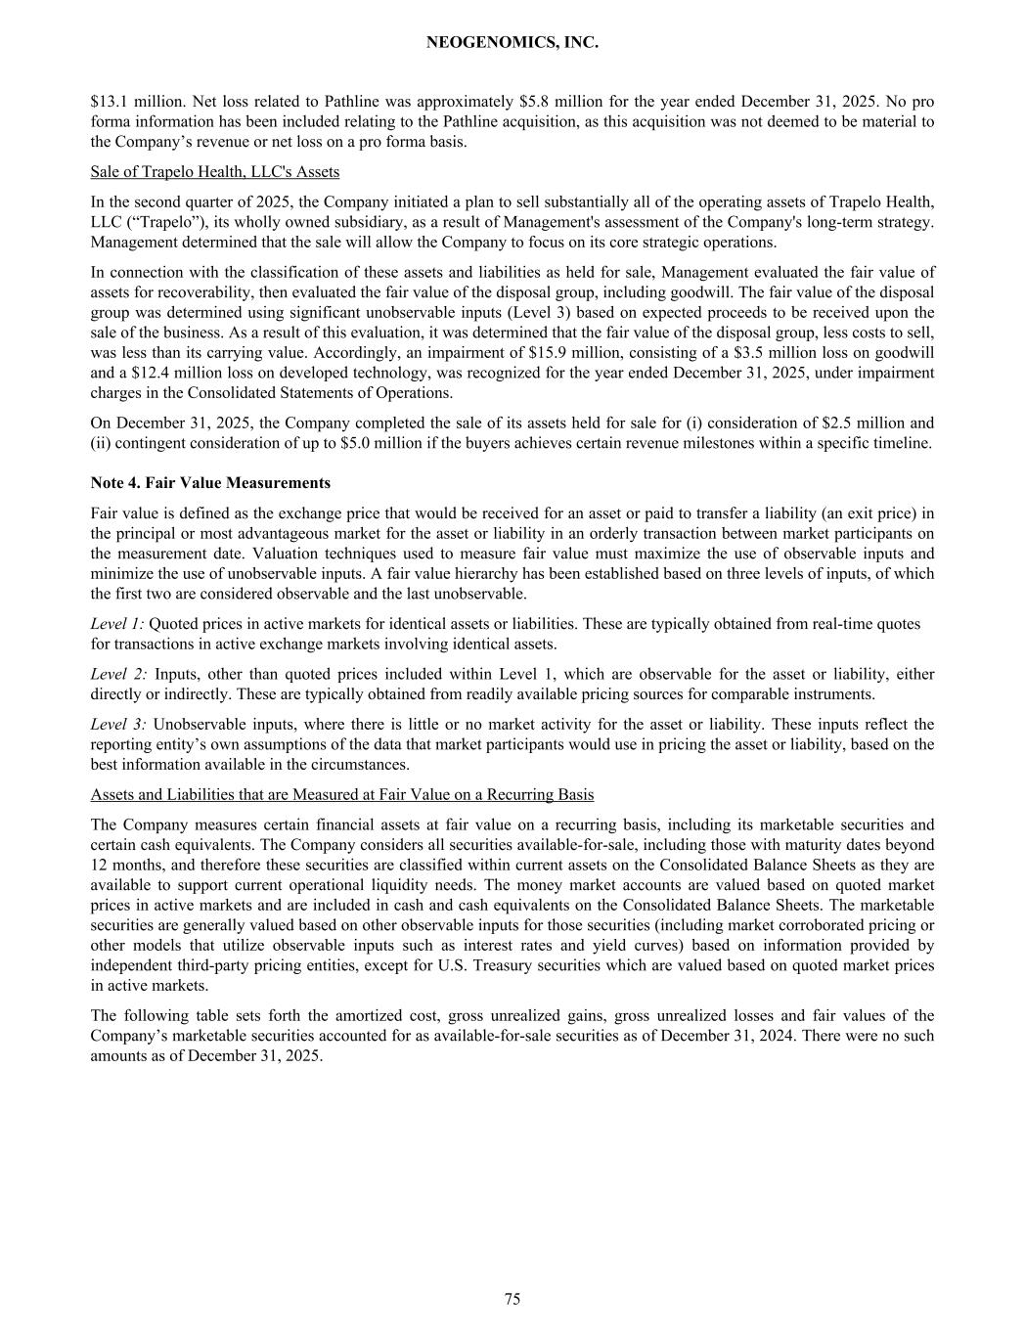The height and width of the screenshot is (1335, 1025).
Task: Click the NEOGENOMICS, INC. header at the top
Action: point(512,43)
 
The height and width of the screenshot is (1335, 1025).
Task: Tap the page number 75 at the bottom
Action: point(512,1299)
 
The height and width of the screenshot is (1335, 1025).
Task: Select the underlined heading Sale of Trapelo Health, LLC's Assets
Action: point(215,172)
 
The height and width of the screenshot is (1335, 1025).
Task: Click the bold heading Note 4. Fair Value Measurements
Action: point(210,483)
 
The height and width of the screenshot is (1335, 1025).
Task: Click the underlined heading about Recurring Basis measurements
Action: point(342,795)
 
